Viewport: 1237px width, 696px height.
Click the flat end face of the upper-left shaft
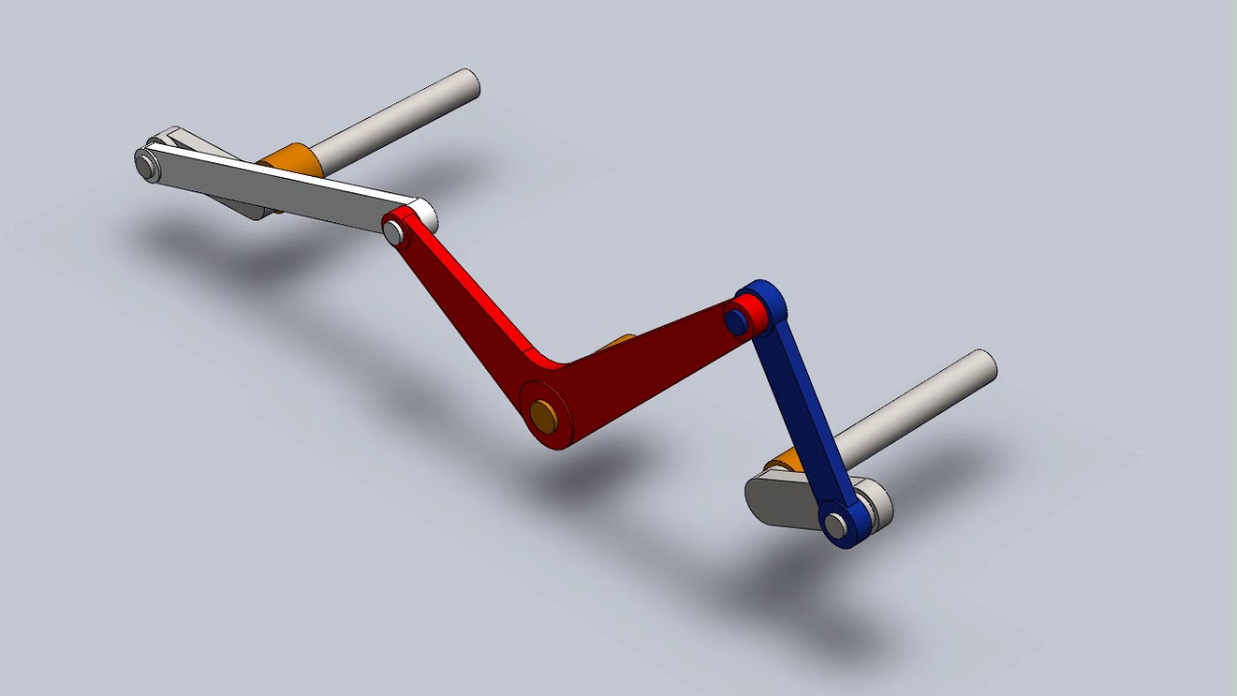(469, 84)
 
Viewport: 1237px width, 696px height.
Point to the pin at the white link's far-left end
(147, 165)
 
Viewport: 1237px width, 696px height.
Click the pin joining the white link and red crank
(393, 232)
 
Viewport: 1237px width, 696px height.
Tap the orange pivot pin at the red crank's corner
(543, 417)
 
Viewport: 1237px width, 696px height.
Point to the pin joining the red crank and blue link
(737, 322)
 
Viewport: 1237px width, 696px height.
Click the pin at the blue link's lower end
(835, 525)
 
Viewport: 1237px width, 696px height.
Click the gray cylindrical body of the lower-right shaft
(908, 411)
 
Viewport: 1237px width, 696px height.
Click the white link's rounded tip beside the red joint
(423, 215)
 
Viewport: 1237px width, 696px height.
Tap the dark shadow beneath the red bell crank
(541, 483)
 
